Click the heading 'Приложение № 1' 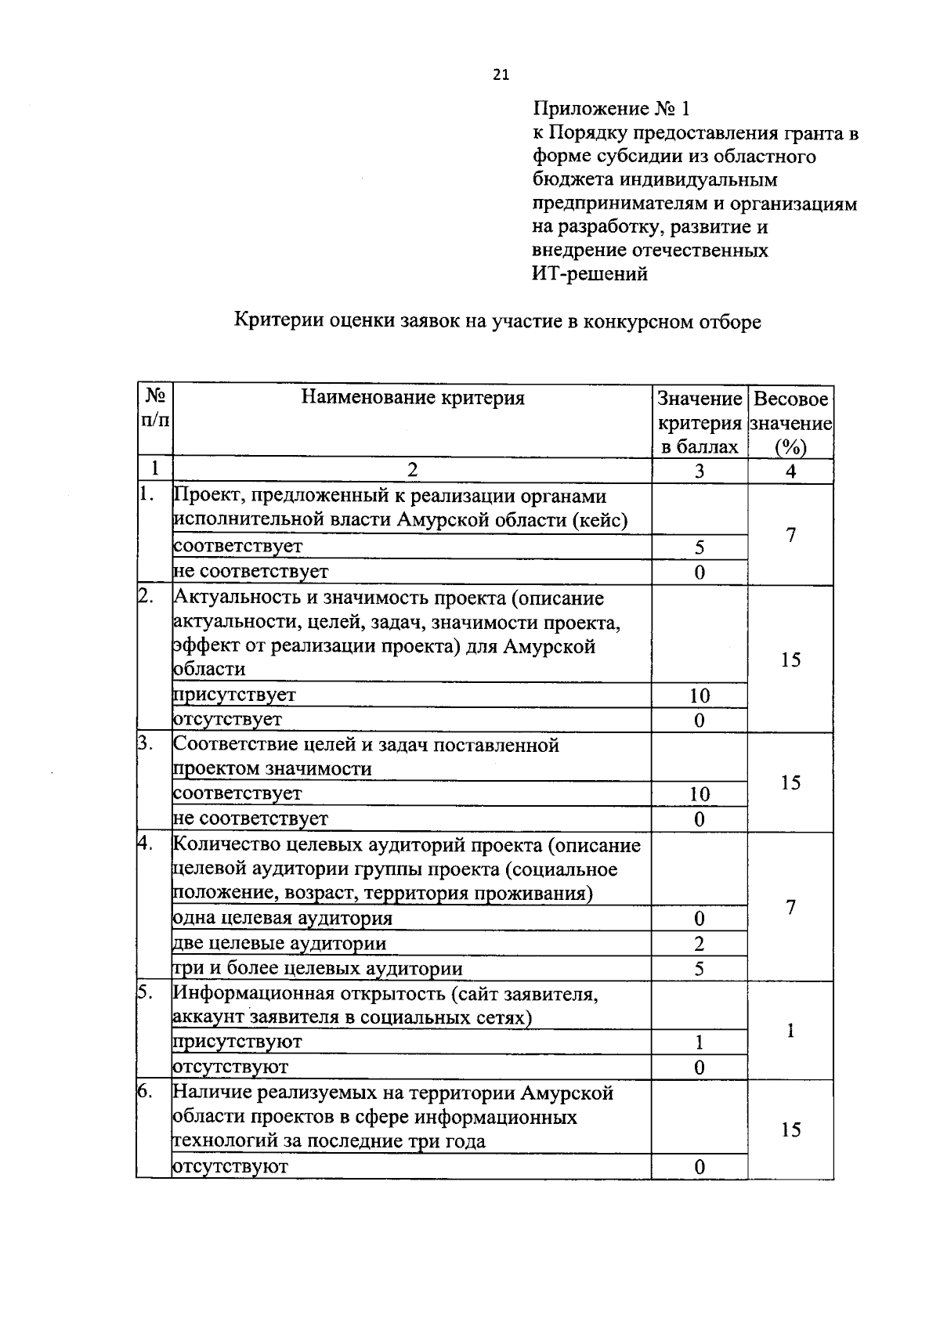[612, 108]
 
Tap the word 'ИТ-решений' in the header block [590, 274]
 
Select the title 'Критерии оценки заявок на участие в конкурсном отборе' [498, 321]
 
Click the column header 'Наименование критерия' [413, 398]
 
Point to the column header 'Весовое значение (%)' [790, 423]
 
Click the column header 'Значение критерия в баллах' [700, 423]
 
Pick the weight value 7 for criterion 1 [791, 535]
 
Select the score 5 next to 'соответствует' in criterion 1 [700, 547]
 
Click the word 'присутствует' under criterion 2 [234, 695]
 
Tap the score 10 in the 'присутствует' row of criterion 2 [700, 696]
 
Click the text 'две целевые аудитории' [280, 943]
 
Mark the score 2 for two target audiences [700, 944]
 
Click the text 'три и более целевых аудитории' [317, 969]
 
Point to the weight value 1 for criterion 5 [791, 1031]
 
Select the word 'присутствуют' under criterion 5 [237, 1042]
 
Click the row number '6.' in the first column [145, 1092]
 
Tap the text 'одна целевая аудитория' [282, 918]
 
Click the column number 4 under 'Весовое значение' [791, 471]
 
